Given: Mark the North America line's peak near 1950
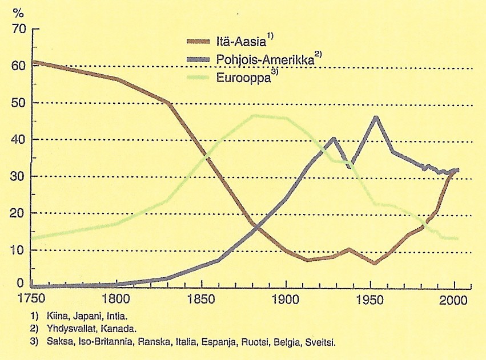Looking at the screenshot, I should pos(375,117).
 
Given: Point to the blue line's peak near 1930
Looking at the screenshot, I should pos(334,138).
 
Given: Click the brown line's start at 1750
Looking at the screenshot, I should pos(34,62).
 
